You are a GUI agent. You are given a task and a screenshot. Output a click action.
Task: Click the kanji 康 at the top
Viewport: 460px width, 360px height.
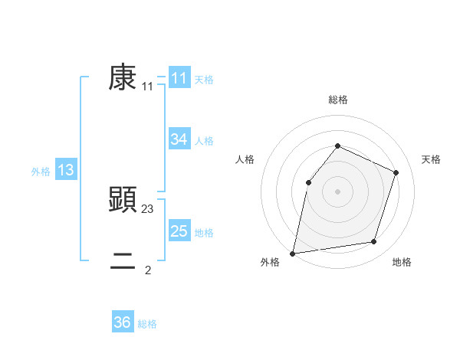click(x=123, y=77)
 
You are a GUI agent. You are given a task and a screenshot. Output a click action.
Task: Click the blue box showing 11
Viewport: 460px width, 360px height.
click(x=179, y=78)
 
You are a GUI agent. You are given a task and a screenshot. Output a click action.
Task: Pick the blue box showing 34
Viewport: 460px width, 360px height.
click(x=179, y=139)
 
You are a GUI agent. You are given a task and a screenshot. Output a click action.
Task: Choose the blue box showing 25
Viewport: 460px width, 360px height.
click(x=179, y=231)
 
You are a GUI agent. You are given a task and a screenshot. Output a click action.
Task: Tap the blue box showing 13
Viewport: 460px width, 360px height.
click(x=66, y=170)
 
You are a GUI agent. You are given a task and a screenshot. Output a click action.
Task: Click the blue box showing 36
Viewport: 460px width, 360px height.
click(x=123, y=322)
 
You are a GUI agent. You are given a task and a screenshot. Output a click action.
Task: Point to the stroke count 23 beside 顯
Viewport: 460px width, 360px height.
click(x=148, y=208)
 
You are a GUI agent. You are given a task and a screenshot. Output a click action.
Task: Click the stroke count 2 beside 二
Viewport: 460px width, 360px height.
click(x=148, y=270)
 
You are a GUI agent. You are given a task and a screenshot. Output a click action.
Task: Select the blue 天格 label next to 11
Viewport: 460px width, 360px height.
click(x=204, y=80)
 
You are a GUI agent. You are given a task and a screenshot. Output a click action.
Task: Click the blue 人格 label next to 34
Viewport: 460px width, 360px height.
click(x=204, y=141)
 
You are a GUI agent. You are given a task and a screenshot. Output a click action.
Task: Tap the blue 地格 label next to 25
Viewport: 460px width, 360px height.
click(x=204, y=233)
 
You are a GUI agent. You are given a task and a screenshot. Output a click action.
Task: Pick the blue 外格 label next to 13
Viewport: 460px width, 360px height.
click(x=41, y=172)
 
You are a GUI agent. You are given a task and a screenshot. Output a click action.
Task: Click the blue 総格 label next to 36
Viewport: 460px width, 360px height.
click(x=147, y=324)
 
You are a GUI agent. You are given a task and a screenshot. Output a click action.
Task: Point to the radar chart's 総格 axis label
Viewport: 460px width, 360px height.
click(x=337, y=100)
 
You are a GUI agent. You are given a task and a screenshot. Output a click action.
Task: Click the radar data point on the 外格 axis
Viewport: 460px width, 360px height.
click(x=293, y=253)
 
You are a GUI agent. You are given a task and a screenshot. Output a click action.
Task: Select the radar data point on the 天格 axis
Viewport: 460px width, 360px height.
click(x=396, y=172)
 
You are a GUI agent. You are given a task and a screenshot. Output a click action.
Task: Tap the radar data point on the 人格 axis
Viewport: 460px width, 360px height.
click(x=308, y=182)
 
